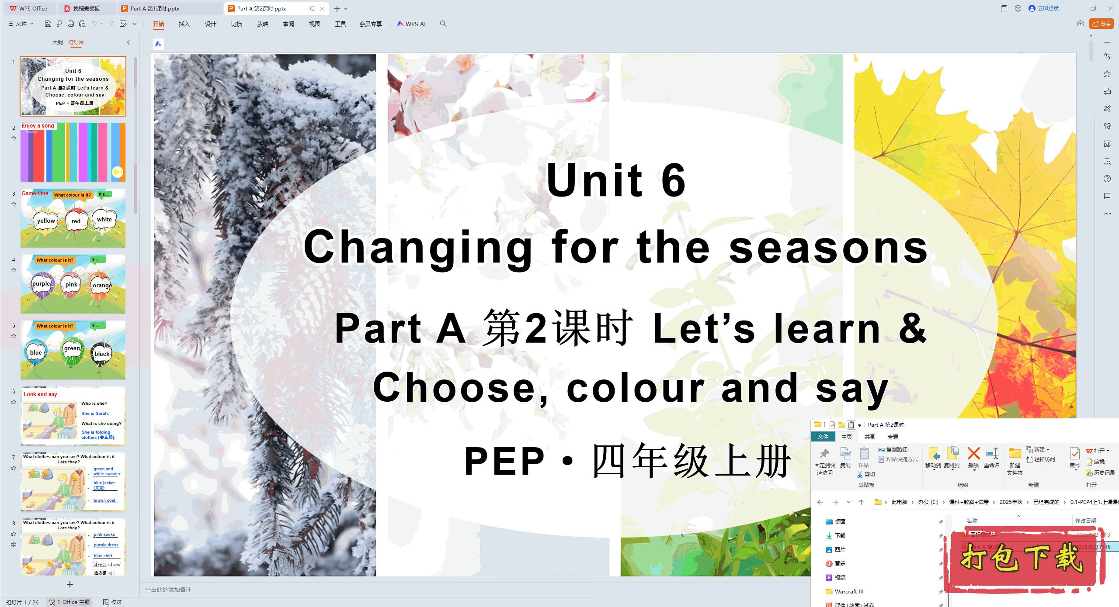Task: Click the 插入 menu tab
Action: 184,24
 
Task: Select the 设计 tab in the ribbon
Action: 210,24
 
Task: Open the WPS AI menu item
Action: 411,24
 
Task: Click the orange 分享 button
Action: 1101,24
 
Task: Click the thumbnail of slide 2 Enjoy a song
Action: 73,152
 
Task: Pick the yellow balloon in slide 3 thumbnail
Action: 46,221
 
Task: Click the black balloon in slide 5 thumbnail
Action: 102,354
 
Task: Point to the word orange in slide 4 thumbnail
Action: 102,286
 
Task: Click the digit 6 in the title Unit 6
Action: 673,180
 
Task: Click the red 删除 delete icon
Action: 973,454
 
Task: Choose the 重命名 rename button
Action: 992,458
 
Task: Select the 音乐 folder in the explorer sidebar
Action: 840,563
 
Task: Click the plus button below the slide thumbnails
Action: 70,584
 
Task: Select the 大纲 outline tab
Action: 57,42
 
